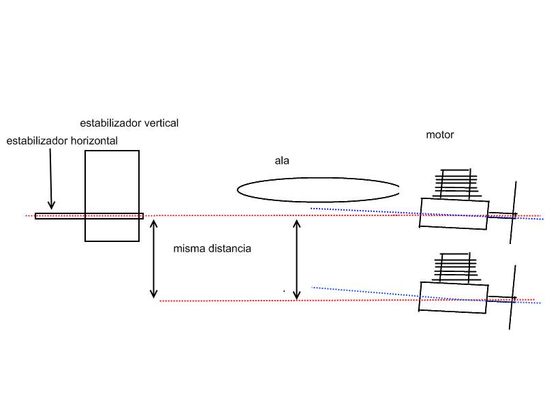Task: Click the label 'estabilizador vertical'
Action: [x=129, y=123]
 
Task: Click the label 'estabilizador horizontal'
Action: [x=62, y=141]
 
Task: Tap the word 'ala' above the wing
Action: [x=282, y=161]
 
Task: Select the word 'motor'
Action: [x=439, y=135]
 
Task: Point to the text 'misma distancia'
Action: [x=212, y=249]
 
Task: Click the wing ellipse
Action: [x=318, y=190]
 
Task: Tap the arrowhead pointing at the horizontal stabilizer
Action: [x=51, y=205]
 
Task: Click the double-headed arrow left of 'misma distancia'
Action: [x=154, y=259]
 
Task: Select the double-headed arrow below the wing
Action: [x=296, y=259]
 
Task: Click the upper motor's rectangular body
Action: [x=454, y=213]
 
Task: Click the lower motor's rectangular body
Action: [x=452, y=298]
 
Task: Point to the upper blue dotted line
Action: [x=361, y=210]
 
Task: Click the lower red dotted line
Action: [x=225, y=301]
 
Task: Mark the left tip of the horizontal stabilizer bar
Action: [x=37, y=216]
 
